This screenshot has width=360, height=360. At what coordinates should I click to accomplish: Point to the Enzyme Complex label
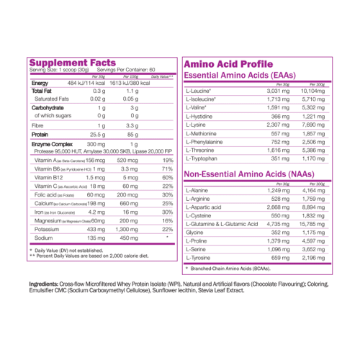pos(50,145)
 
